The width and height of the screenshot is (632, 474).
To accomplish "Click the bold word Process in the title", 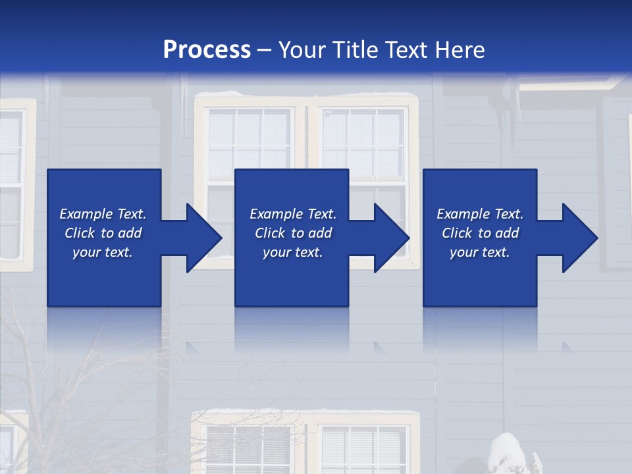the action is pyautogui.click(x=207, y=49).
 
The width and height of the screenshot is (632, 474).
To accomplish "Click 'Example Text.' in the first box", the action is pyautogui.click(x=103, y=214).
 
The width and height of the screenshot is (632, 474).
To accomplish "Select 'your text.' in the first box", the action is pyautogui.click(x=103, y=252).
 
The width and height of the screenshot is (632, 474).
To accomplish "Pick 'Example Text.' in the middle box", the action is pyautogui.click(x=293, y=214).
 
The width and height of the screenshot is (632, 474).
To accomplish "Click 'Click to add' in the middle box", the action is pyautogui.click(x=293, y=233).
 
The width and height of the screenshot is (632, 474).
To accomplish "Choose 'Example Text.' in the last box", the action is pyautogui.click(x=480, y=214).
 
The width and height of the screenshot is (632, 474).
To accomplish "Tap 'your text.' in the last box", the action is pyautogui.click(x=480, y=252).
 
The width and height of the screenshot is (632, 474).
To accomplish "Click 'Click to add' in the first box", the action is pyautogui.click(x=103, y=233).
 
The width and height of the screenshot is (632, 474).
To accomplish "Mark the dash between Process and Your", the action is pyautogui.click(x=264, y=50).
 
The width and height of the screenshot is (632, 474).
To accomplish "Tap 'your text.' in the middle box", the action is pyautogui.click(x=293, y=252).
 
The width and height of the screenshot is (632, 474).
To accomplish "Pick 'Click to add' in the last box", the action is pyautogui.click(x=480, y=233).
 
